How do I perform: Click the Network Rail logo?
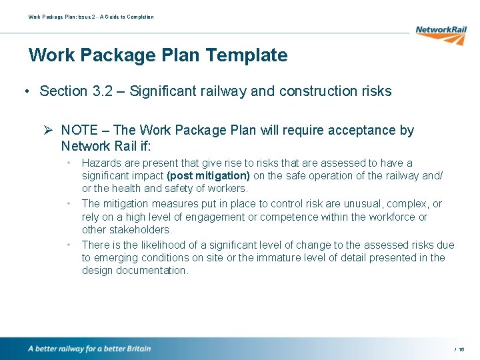point(439,34)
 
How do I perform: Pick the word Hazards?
point(101,163)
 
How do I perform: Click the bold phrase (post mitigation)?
point(209,176)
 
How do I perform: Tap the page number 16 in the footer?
point(461,349)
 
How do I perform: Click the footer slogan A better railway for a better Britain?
point(89,349)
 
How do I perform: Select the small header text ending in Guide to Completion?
point(91,17)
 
